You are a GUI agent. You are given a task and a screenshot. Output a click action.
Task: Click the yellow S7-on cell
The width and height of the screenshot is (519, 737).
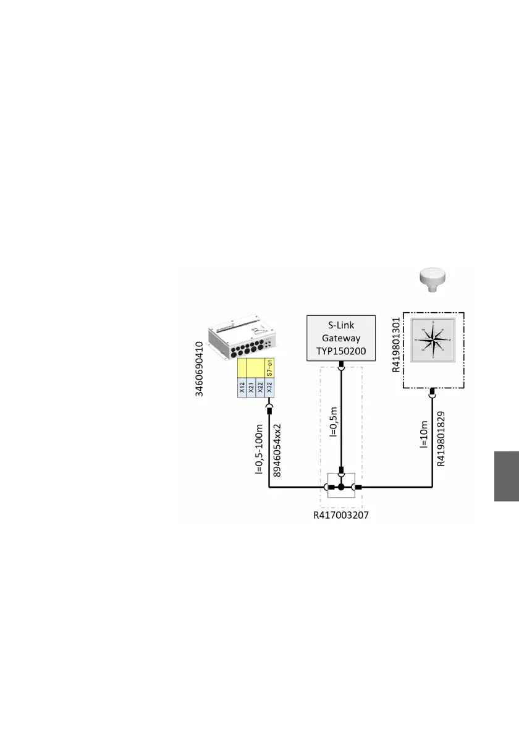click(x=269, y=368)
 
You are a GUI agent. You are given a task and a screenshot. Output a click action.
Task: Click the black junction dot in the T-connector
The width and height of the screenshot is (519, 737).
click(x=340, y=488)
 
